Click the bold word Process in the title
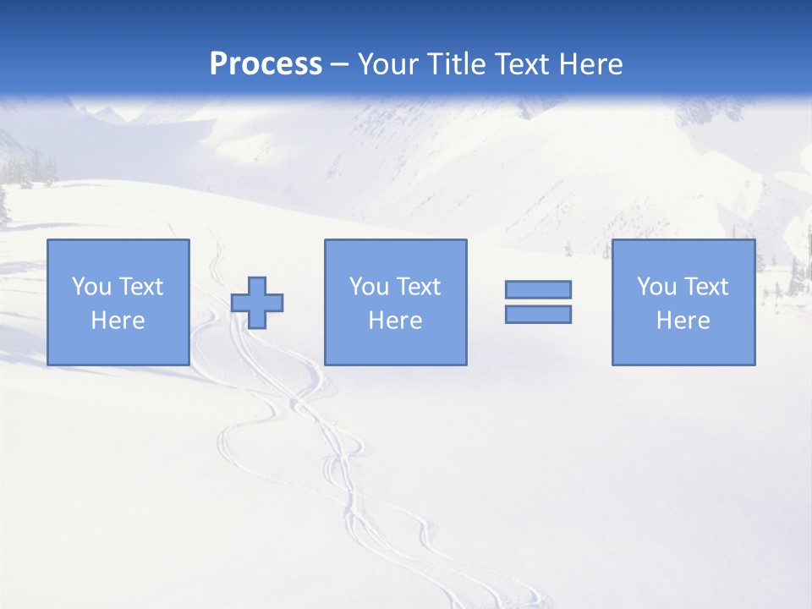[266, 64]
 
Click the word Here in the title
[593, 64]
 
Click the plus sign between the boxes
[257, 302]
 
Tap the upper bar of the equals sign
[538, 289]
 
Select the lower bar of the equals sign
[538, 314]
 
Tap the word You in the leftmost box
[91, 287]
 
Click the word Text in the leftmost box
[140, 287]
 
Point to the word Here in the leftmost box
[118, 321]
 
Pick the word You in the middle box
[369, 287]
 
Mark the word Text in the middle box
[418, 287]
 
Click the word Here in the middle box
[395, 321]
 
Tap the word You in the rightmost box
[656, 287]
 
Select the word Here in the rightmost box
[683, 321]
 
